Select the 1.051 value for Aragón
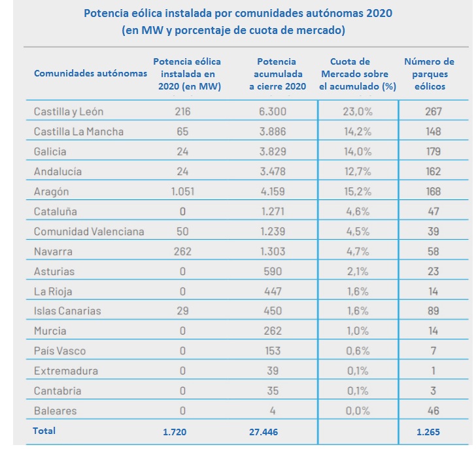(x=182, y=191)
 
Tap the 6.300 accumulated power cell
(x=273, y=112)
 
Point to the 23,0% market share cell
(x=358, y=112)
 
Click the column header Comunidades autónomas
(x=90, y=73)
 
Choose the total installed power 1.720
(x=176, y=431)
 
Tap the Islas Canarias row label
(x=67, y=311)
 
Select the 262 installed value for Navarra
(x=182, y=252)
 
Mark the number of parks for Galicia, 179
(x=432, y=152)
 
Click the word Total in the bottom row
(x=44, y=431)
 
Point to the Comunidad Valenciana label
(x=89, y=231)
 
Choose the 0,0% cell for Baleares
(x=358, y=411)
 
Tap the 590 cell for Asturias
(x=273, y=271)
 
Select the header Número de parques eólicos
(x=429, y=73)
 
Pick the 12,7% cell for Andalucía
(x=358, y=172)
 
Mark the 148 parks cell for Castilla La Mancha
(x=432, y=131)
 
